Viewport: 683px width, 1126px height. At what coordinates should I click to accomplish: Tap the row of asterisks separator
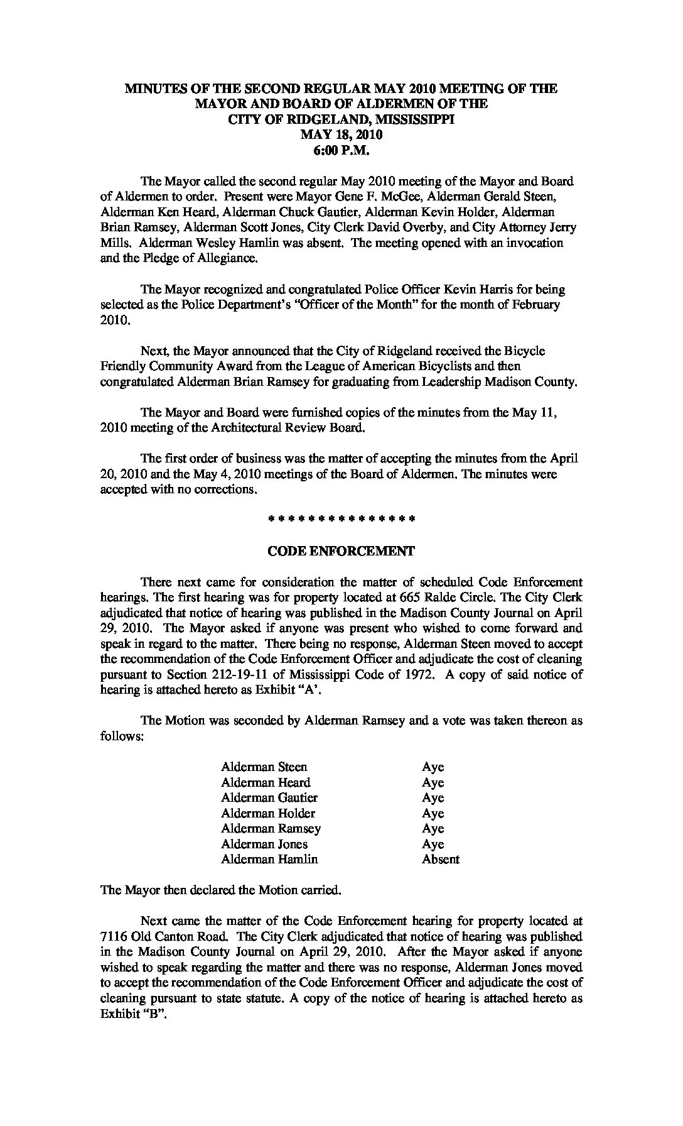click(x=341, y=520)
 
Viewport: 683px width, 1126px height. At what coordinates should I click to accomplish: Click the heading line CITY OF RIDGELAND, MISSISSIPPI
click(x=341, y=119)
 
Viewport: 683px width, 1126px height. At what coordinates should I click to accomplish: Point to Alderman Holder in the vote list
click(x=268, y=813)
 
